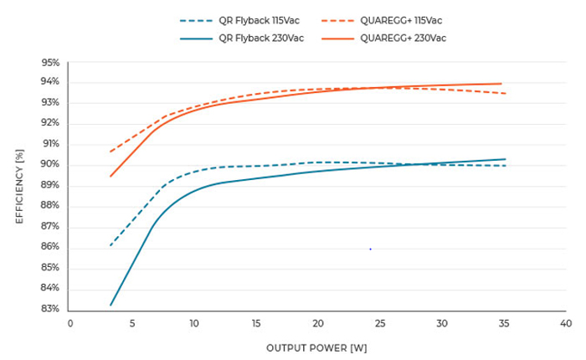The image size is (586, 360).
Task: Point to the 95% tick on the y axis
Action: tap(50, 62)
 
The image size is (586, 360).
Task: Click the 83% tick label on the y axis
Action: tap(50, 309)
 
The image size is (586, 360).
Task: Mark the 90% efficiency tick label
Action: tap(50, 165)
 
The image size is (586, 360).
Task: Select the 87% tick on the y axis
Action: tap(50, 227)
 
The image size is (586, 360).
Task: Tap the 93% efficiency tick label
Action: tap(50, 103)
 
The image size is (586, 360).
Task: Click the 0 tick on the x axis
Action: tap(70, 323)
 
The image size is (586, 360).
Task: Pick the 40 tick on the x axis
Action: tap(566, 323)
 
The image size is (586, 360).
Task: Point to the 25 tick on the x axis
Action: tap(380, 323)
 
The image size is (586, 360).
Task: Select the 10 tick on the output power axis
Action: tap(194, 323)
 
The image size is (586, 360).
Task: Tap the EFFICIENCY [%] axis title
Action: tap(19, 186)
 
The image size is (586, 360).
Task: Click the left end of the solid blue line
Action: tap(111, 305)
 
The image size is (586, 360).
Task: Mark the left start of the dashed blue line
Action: tap(111, 245)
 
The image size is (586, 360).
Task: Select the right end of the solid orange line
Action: tap(501, 84)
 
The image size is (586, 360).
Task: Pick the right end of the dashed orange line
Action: tap(505, 93)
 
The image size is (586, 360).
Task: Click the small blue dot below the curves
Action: tap(370, 249)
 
